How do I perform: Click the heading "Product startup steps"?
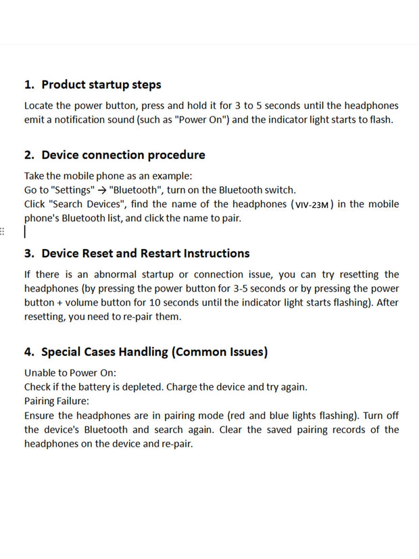click(x=101, y=85)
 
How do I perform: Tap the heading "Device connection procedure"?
click(x=123, y=155)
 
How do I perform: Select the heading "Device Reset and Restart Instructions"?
click(x=145, y=254)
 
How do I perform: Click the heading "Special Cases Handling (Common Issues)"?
click(x=154, y=352)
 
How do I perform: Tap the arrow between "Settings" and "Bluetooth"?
click(x=101, y=190)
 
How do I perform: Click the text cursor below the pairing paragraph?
click(x=25, y=232)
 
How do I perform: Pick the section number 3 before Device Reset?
click(x=28, y=254)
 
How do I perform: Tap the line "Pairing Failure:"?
click(x=56, y=401)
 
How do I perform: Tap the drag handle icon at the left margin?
click(x=3, y=231)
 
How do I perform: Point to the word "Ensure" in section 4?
click(x=41, y=416)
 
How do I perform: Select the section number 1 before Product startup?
click(x=28, y=85)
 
